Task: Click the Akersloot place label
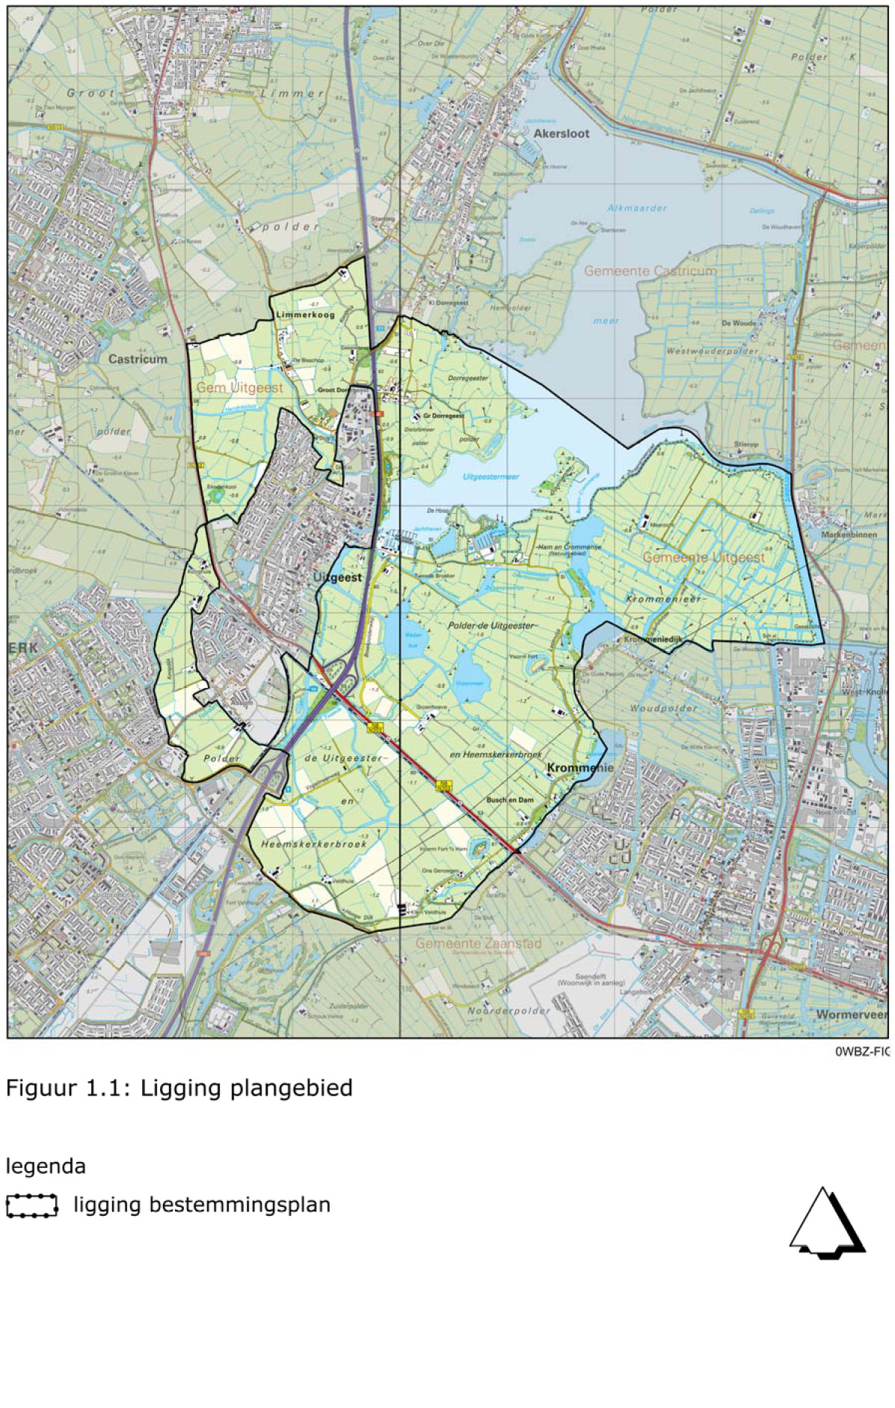point(561,134)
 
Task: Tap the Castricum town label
point(138,359)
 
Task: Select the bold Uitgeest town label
point(337,577)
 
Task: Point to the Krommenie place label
point(579,768)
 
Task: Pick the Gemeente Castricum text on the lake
point(650,271)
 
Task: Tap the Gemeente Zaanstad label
point(479,944)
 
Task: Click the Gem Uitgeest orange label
point(239,387)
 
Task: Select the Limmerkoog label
point(305,315)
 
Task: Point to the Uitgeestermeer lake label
point(490,476)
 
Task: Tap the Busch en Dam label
point(510,799)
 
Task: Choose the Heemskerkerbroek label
point(314,843)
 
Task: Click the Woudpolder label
point(663,707)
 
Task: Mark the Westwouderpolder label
point(712,351)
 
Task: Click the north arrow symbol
point(826,1223)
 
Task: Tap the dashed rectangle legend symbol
point(31,1205)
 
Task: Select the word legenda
point(46,1166)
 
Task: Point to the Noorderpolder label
point(508,1010)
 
